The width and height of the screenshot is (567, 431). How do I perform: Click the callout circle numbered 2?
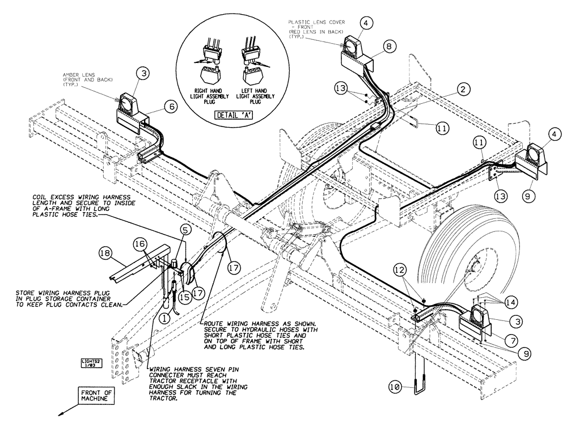pos(463,89)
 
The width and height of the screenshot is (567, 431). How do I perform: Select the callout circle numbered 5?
pos(185,230)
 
